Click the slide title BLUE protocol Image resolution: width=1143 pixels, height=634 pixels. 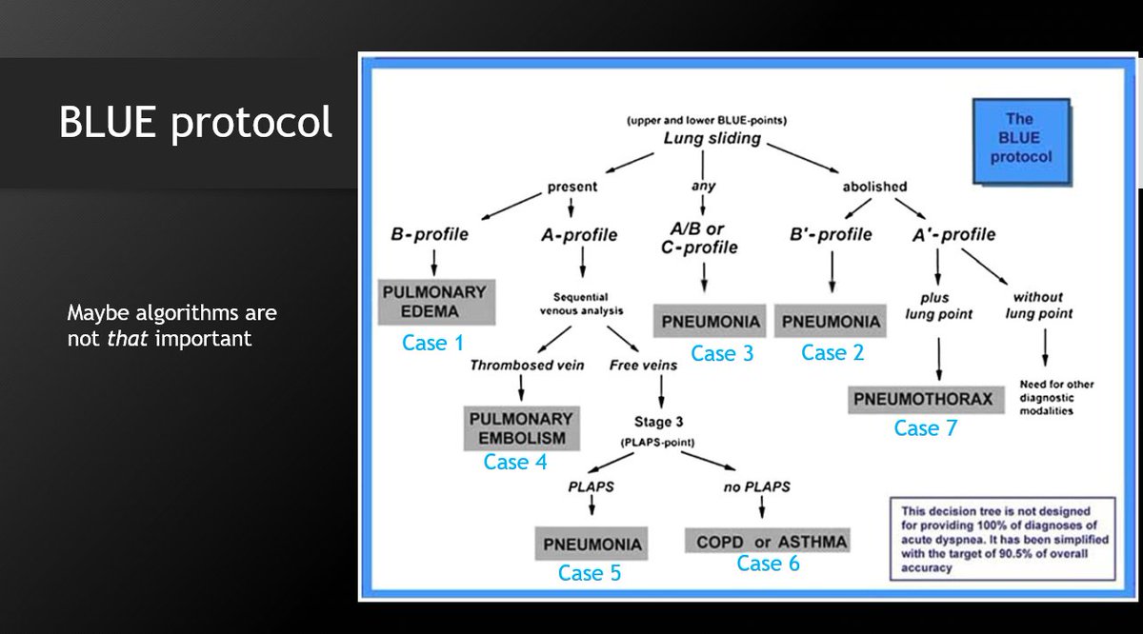196,123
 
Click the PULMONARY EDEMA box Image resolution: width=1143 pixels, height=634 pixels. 433,301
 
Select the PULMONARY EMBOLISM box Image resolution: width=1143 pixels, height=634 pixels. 522,428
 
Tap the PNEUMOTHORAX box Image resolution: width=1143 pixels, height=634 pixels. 922,399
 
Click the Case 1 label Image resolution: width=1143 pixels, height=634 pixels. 432,343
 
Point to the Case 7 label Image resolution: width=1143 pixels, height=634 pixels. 925,428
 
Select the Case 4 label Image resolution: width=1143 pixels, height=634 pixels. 515,462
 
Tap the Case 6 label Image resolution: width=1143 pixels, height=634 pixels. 769,564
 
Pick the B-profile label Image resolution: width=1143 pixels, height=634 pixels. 430,234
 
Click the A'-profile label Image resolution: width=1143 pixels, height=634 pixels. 952,234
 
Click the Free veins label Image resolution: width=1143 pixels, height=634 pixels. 644,365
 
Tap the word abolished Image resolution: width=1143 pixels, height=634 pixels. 874,187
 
